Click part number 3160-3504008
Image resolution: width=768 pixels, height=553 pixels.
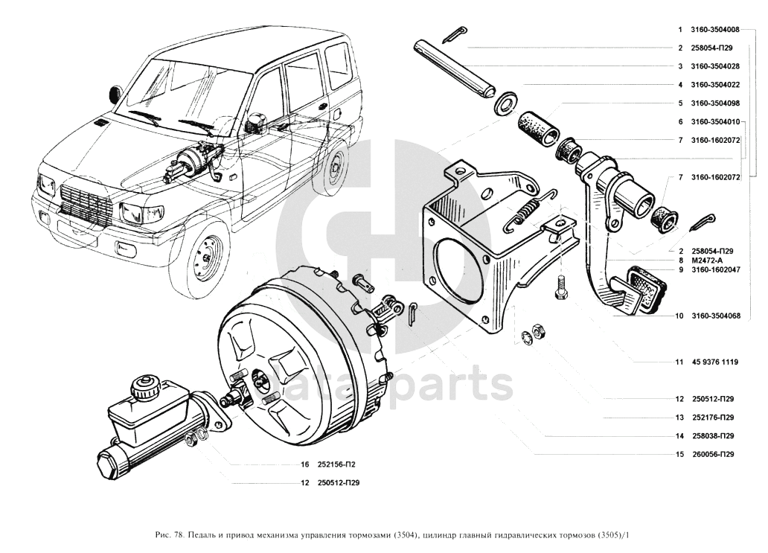point(715,30)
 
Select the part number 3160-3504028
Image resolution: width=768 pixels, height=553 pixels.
point(715,66)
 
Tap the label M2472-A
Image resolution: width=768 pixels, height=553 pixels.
point(707,260)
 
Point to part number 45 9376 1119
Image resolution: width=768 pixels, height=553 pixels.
point(714,362)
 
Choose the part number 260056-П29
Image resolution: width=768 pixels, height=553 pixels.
point(712,455)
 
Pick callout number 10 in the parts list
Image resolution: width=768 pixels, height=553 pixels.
point(679,316)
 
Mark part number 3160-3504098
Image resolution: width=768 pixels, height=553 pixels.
point(715,103)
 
